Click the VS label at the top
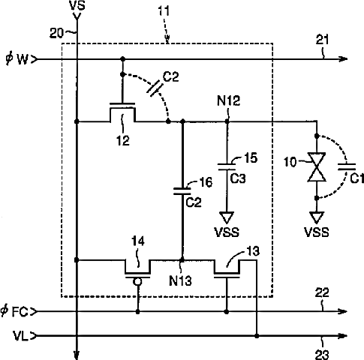point(77,6)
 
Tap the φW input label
point(17,59)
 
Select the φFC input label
point(14,311)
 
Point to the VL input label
point(21,336)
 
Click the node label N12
point(228,100)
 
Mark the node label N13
point(180,280)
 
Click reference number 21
point(323,40)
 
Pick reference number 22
point(322,292)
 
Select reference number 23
point(322,354)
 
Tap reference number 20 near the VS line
point(56,33)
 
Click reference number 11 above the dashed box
point(164,11)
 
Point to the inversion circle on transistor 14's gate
point(137,282)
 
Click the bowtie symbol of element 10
point(317,166)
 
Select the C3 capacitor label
point(238,178)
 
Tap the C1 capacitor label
point(356,178)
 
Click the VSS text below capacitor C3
point(227,232)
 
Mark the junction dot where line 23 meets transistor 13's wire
point(257,336)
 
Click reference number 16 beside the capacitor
point(206,182)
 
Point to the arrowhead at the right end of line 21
point(343,59)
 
